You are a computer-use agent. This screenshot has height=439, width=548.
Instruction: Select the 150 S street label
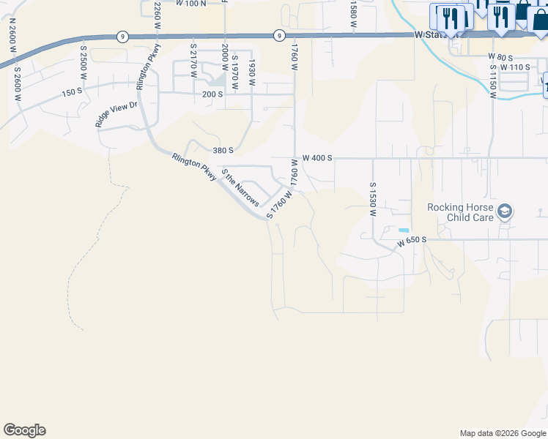coord(72,92)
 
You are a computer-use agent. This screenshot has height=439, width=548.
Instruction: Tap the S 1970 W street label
coord(234,72)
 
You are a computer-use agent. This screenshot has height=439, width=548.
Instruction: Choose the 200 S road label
coord(212,94)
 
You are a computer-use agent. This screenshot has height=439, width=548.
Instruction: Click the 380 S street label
coord(223,150)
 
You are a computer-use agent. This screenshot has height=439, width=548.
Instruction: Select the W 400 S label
coord(317,158)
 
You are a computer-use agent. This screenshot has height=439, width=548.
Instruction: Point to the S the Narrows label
coord(240,188)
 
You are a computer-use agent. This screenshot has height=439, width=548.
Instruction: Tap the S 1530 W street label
coord(372,200)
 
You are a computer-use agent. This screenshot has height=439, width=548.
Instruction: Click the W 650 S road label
coord(412,240)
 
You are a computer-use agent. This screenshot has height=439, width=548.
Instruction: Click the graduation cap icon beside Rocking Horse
coord(504,212)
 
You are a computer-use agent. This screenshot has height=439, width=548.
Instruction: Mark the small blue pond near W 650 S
coord(404,230)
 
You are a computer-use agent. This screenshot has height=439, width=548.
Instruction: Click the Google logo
coord(24,430)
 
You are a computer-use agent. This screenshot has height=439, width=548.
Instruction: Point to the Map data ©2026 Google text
coord(503,433)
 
